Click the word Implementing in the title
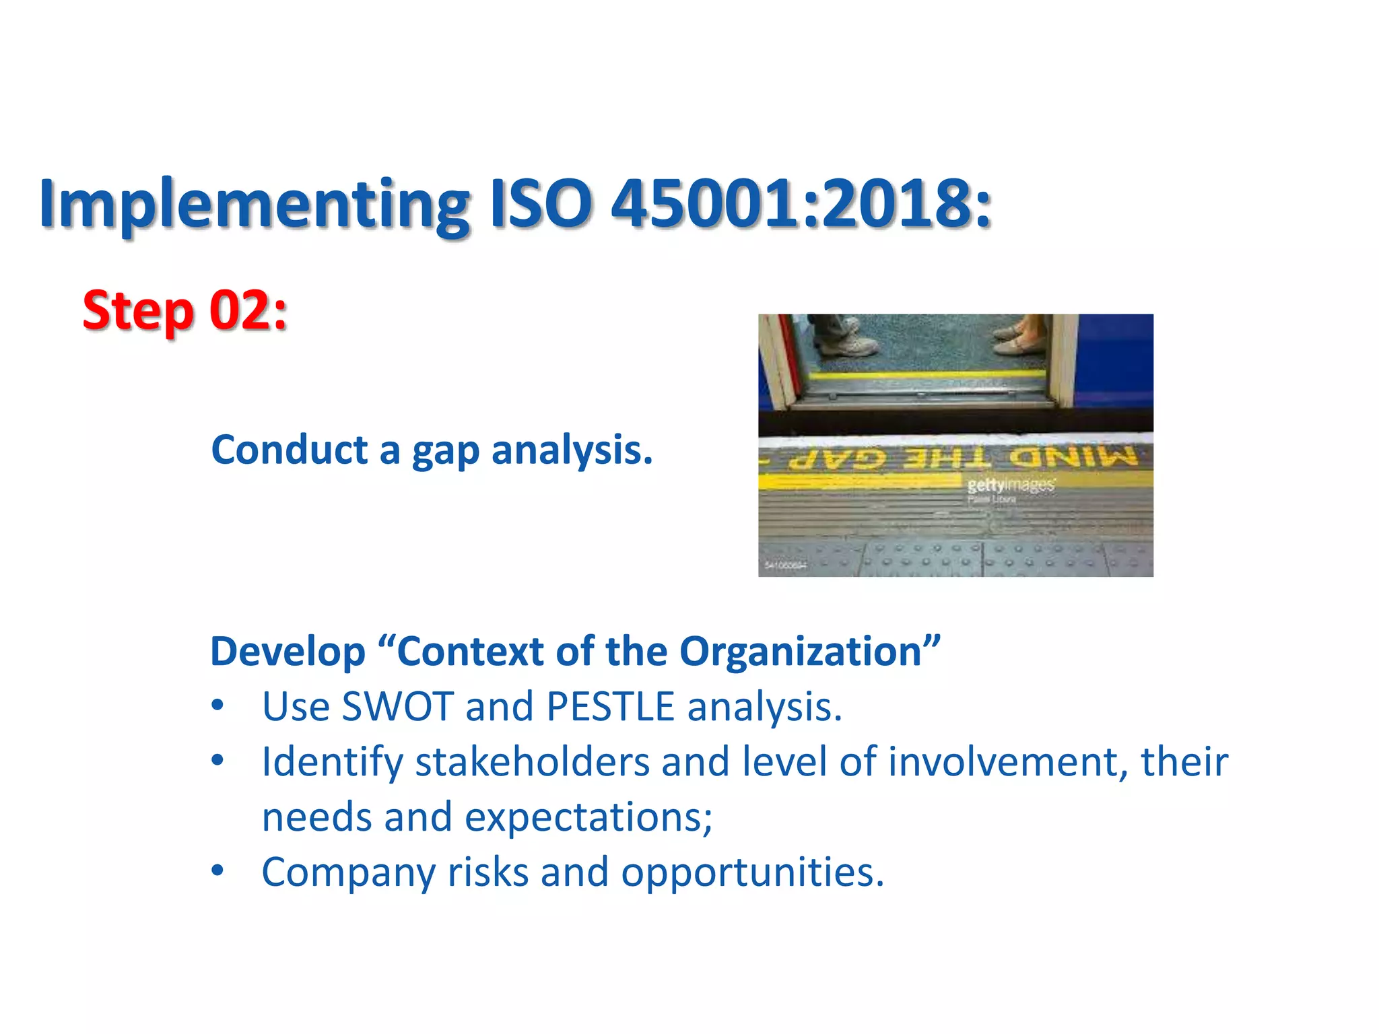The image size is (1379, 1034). click(x=255, y=205)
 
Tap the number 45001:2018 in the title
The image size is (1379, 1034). click(x=801, y=203)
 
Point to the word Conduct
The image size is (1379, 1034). click(x=290, y=450)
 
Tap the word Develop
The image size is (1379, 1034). click(x=288, y=652)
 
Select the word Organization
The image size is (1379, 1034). click(x=800, y=652)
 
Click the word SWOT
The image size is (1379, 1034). click(x=397, y=707)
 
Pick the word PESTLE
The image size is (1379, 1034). click(x=610, y=707)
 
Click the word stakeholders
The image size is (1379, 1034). click(x=532, y=762)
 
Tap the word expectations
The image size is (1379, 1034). click(x=588, y=817)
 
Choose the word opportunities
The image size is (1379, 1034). click(x=752, y=872)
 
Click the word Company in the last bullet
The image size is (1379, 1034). click(x=348, y=874)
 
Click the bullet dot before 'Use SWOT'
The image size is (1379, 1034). click(x=217, y=705)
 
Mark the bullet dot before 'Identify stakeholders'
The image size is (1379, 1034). click(x=217, y=761)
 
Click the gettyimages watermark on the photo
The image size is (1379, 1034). click(x=1011, y=485)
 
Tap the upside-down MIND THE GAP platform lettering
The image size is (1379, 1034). click(x=963, y=458)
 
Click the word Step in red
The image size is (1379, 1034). click(x=139, y=311)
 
